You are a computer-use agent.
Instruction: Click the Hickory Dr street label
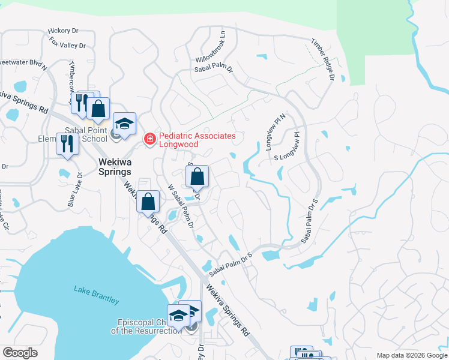[63, 31]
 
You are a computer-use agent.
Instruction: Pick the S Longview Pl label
[286, 151]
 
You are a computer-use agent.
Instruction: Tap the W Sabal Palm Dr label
[181, 206]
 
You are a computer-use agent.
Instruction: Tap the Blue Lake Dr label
[75, 190]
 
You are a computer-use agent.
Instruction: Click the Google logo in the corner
[20, 352]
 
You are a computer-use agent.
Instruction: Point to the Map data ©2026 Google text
[411, 355]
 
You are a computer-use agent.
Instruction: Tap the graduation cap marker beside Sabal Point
[124, 124]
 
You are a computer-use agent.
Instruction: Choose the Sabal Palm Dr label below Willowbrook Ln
[213, 69]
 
